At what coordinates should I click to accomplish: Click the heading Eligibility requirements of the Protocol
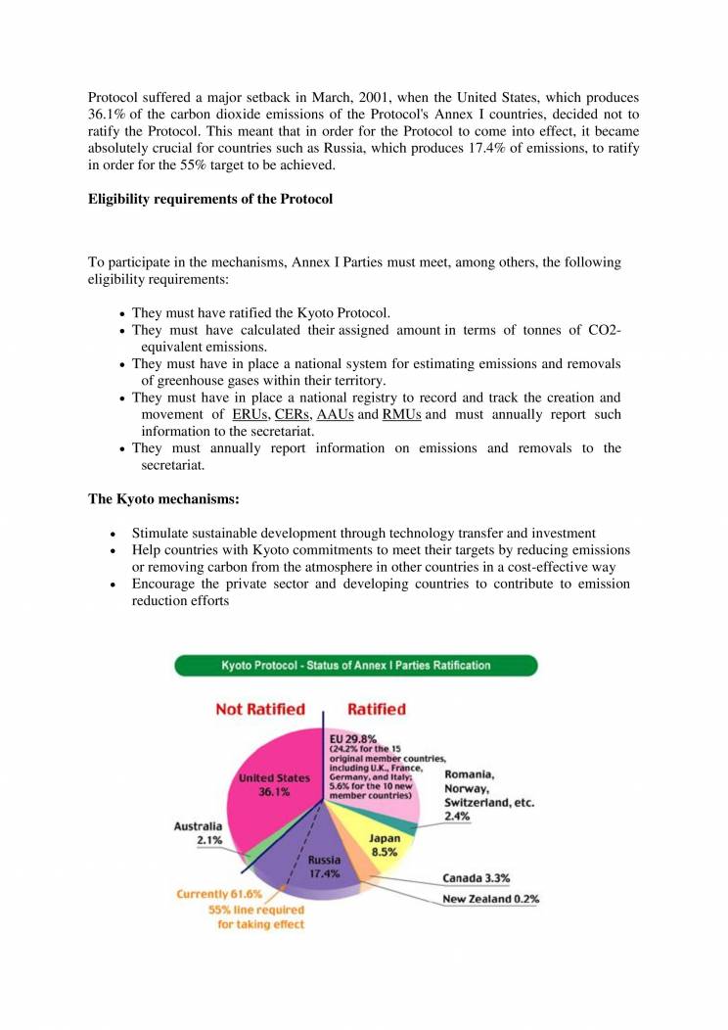click(210, 200)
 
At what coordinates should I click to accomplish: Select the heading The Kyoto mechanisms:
click(163, 499)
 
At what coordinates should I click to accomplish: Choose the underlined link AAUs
click(336, 415)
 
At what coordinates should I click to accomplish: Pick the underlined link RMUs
click(401, 415)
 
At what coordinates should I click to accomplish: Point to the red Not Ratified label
click(260, 709)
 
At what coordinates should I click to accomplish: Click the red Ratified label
click(376, 709)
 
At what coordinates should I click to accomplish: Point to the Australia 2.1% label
click(198, 833)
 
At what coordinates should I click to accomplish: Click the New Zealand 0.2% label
click(491, 899)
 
